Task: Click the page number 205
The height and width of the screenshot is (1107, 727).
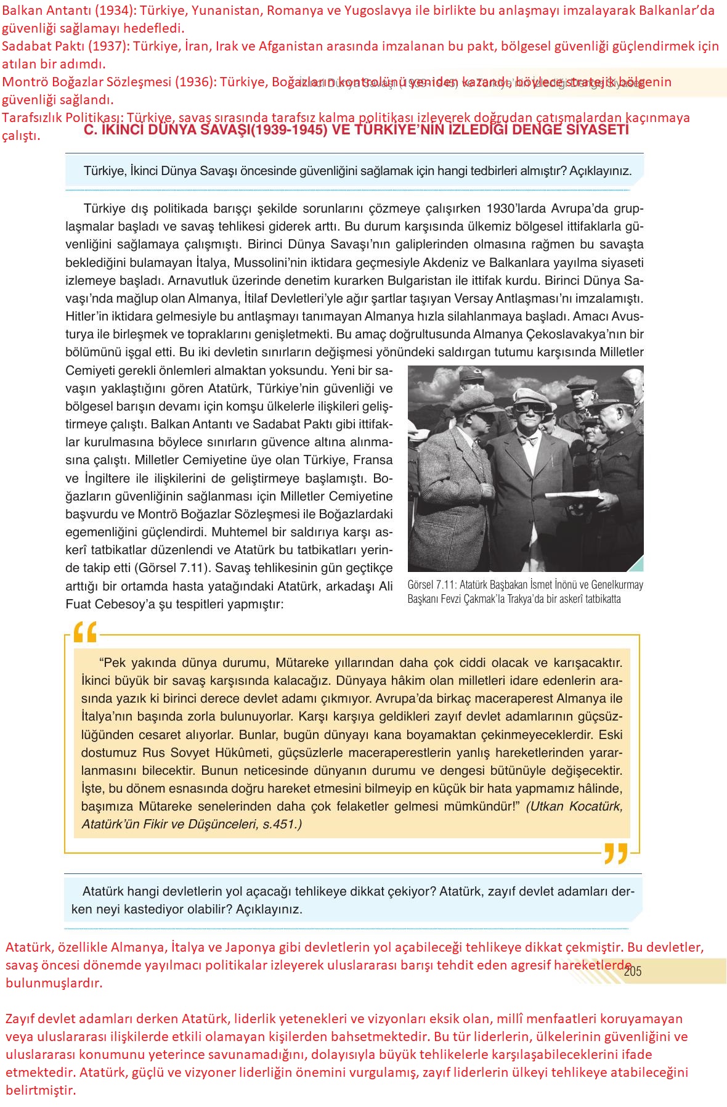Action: [633, 971]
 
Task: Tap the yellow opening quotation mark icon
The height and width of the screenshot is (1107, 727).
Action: [86, 632]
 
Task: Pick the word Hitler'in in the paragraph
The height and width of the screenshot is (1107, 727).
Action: [89, 316]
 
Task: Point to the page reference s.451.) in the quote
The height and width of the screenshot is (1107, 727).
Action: [282, 824]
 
